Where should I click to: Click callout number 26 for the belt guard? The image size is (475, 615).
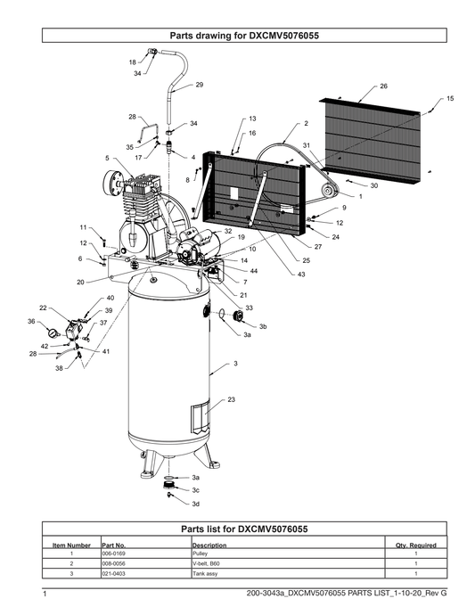[x=383, y=86]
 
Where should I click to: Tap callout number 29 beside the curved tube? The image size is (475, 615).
[x=200, y=85]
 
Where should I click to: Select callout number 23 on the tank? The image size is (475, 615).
[x=232, y=399]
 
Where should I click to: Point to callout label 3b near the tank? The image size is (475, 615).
[x=263, y=326]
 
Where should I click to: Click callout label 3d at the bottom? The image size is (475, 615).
[x=196, y=504]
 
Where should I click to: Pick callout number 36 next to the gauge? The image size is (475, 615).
[x=31, y=321]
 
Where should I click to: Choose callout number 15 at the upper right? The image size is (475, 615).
[x=450, y=98]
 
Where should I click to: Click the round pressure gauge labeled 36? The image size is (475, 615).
[x=53, y=333]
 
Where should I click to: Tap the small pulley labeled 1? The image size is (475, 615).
[x=328, y=191]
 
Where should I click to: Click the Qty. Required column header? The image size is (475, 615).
[x=416, y=545]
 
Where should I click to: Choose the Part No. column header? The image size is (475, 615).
[x=114, y=545]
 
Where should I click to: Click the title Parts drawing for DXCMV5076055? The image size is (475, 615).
[x=244, y=36]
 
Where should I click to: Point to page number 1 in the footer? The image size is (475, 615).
[x=45, y=594]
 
